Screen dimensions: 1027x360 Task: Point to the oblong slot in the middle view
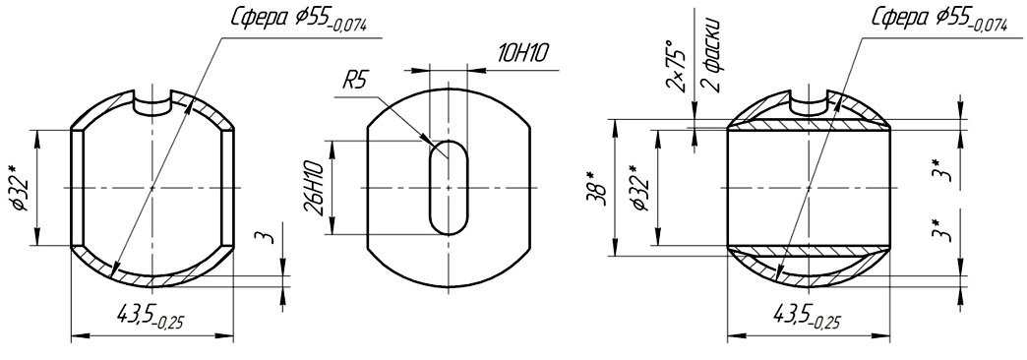click(x=450, y=187)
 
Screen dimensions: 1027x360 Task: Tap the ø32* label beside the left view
click(x=19, y=188)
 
